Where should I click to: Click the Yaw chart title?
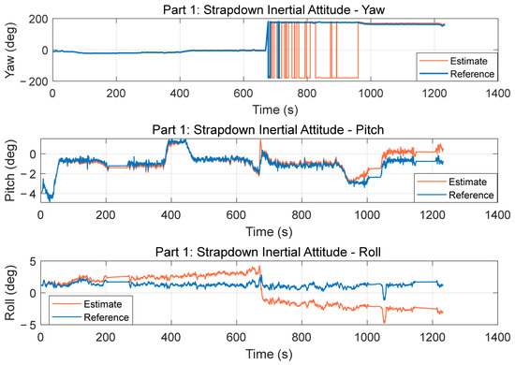coord(273,10)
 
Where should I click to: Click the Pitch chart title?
coord(268,130)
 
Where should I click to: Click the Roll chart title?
coord(268,252)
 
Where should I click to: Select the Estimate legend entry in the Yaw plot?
coord(458,61)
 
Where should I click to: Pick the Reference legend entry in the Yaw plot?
coord(458,74)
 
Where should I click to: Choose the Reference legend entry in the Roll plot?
coord(91,317)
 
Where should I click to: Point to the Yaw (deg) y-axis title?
coord(10,51)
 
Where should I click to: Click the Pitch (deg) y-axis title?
coord(10,170)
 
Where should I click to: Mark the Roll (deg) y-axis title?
coord(10,293)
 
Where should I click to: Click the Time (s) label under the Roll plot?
coord(269,354)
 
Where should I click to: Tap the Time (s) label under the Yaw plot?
coord(275,109)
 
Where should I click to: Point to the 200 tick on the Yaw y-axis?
coord(38,20)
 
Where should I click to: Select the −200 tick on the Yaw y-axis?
coord(34,81)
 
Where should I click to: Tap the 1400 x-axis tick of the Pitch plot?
coord(497,215)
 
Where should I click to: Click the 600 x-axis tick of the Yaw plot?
coord(243,94)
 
